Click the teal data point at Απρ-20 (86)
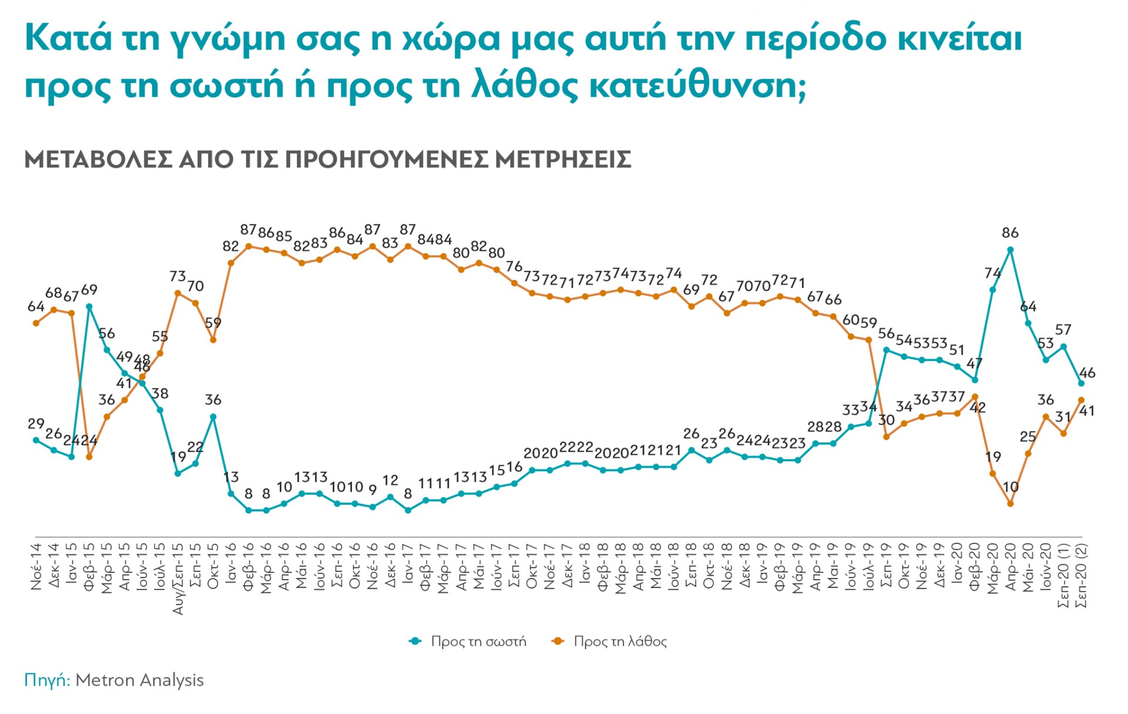(1010, 250)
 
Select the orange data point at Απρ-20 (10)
(1010, 503)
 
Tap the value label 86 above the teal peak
(1010, 233)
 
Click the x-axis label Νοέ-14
(36, 567)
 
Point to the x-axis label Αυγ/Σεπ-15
(177, 579)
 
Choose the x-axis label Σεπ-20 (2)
(1081, 575)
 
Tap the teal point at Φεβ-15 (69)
(89, 306)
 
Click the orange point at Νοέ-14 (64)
(36, 323)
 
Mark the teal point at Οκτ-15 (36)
(213, 417)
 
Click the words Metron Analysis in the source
(139, 680)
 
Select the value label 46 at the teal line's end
(1087, 373)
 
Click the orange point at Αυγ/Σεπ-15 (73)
(177, 292)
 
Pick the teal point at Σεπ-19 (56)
(887, 350)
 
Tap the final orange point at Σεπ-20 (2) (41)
(1081, 400)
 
